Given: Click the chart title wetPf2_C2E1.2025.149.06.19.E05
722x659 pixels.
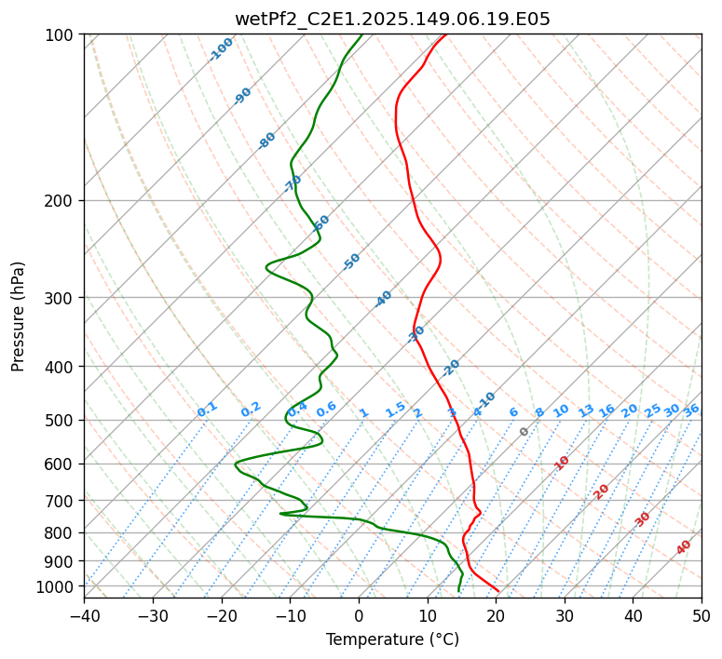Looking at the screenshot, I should pyautogui.click(x=392, y=19).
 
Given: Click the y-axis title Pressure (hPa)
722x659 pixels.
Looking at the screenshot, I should pyautogui.click(x=19, y=316).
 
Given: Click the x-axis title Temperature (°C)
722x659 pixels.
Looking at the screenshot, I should pyautogui.click(x=392, y=639).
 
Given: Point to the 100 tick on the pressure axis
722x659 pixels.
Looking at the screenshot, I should pyautogui.click(x=62, y=35).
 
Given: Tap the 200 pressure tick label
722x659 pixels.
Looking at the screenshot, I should pyautogui.click(x=62, y=201).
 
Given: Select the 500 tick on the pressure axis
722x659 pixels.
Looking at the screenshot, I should pyautogui.click(x=62, y=421).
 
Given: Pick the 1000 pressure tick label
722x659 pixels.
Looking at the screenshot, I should pyautogui.click(x=59, y=586).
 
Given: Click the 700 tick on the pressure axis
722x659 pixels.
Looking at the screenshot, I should pyautogui.click(x=62, y=501).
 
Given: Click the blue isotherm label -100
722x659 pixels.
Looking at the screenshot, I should pyautogui.click(x=222, y=49).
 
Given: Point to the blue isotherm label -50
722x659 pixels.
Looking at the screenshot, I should pyautogui.click(x=351, y=262).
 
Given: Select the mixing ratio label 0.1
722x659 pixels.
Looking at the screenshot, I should pyautogui.click(x=207, y=410).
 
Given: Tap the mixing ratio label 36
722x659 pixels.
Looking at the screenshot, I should pyautogui.click(x=691, y=410).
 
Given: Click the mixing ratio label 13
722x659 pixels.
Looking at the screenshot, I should pyautogui.click(x=586, y=410).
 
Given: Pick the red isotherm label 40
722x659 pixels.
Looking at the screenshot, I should pyautogui.click(x=684, y=547).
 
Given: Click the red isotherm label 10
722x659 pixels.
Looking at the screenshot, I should pyautogui.click(x=562, y=463).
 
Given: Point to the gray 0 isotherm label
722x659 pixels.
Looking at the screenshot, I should pyautogui.click(x=524, y=432).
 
